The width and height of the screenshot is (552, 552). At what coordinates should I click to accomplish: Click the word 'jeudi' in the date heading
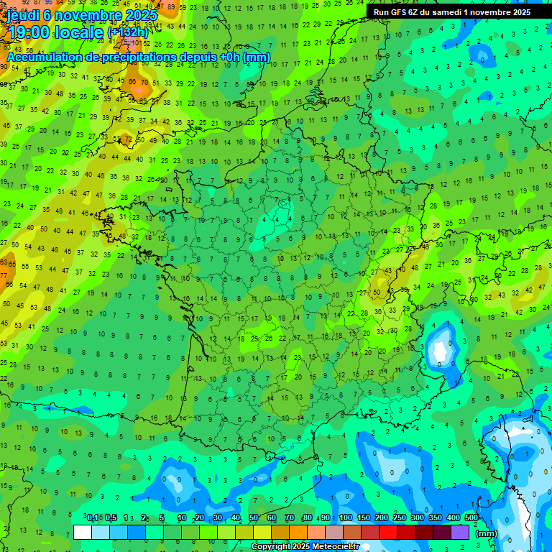[x=23, y=14]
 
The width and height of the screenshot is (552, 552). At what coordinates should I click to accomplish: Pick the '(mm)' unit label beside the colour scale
[x=487, y=533]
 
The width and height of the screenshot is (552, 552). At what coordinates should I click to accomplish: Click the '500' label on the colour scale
[x=471, y=517]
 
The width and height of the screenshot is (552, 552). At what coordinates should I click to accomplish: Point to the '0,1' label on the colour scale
[x=93, y=517]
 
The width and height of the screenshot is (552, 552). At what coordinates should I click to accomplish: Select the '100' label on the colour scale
[x=346, y=517]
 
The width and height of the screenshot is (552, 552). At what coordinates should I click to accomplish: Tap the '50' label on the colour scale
[x=254, y=517]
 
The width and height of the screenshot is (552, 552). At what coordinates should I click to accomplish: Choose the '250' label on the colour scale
[x=400, y=517]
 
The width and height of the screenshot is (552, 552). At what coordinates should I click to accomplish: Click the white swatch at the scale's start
[x=83, y=532]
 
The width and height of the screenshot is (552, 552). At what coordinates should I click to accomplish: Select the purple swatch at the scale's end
[x=460, y=532]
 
